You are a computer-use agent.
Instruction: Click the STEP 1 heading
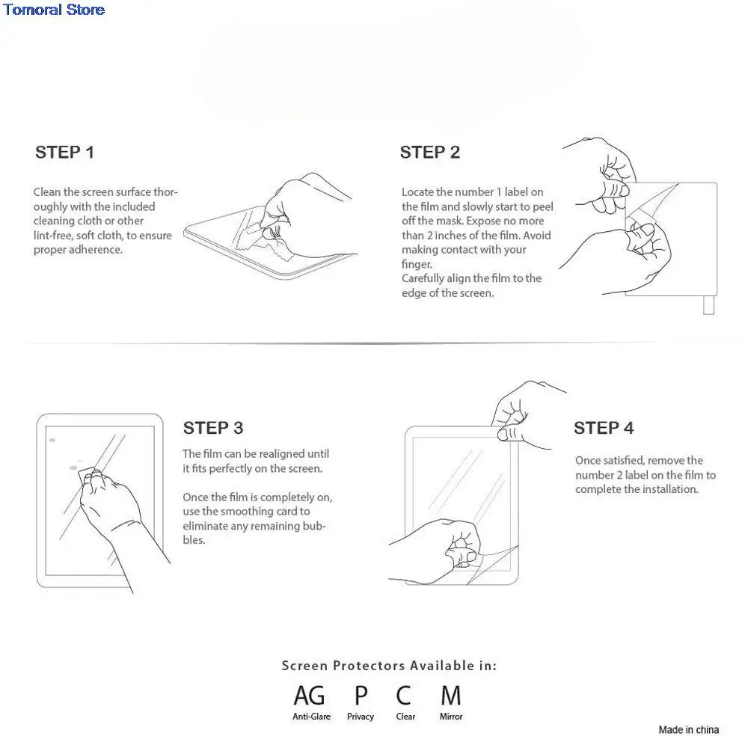(x=65, y=153)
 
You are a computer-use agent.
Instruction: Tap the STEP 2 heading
(x=430, y=153)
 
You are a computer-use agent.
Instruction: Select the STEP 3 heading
(x=213, y=428)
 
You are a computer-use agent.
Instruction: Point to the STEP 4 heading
(x=604, y=428)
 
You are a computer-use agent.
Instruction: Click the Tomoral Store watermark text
(x=53, y=10)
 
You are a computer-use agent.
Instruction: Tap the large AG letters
(x=310, y=696)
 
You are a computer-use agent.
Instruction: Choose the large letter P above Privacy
(x=361, y=696)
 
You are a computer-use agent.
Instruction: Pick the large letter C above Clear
(x=404, y=696)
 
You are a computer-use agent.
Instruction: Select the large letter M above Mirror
(x=450, y=696)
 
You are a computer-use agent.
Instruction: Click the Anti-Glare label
(x=311, y=717)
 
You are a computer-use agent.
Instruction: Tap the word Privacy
(x=361, y=717)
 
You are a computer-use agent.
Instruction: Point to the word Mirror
(x=451, y=717)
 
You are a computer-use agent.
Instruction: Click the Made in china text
(x=688, y=729)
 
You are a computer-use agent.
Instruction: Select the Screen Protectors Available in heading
(x=389, y=665)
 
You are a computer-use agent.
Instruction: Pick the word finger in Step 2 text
(x=416, y=264)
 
